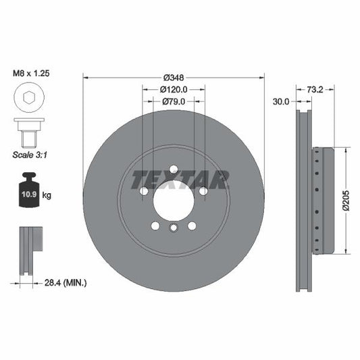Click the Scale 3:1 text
click(x=29, y=154)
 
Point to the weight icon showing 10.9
click(x=29, y=193)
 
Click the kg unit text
click(x=47, y=195)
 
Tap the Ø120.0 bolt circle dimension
click(x=174, y=88)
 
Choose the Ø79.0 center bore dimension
click(x=174, y=101)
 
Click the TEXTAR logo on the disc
click(x=180, y=180)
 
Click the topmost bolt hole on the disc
click(x=174, y=169)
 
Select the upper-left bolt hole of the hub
click(x=144, y=191)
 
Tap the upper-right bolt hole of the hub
click(x=203, y=191)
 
